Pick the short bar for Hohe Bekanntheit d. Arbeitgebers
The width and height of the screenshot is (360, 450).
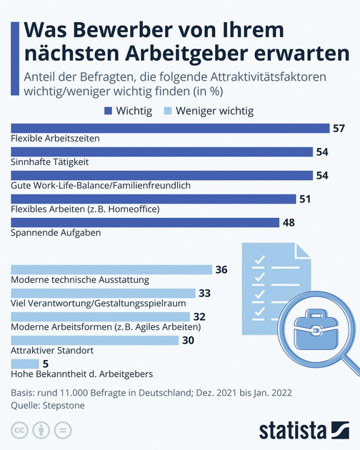(25, 364)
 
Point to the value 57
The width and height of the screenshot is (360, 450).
(339, 129)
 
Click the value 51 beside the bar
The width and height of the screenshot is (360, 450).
(305, 199)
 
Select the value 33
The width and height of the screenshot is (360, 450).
(204, 294)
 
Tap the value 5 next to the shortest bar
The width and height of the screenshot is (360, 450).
(46, 364)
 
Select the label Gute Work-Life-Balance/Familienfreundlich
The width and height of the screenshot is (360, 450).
(101, 186)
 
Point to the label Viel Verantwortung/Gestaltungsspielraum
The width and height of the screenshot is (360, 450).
(99, 304)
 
